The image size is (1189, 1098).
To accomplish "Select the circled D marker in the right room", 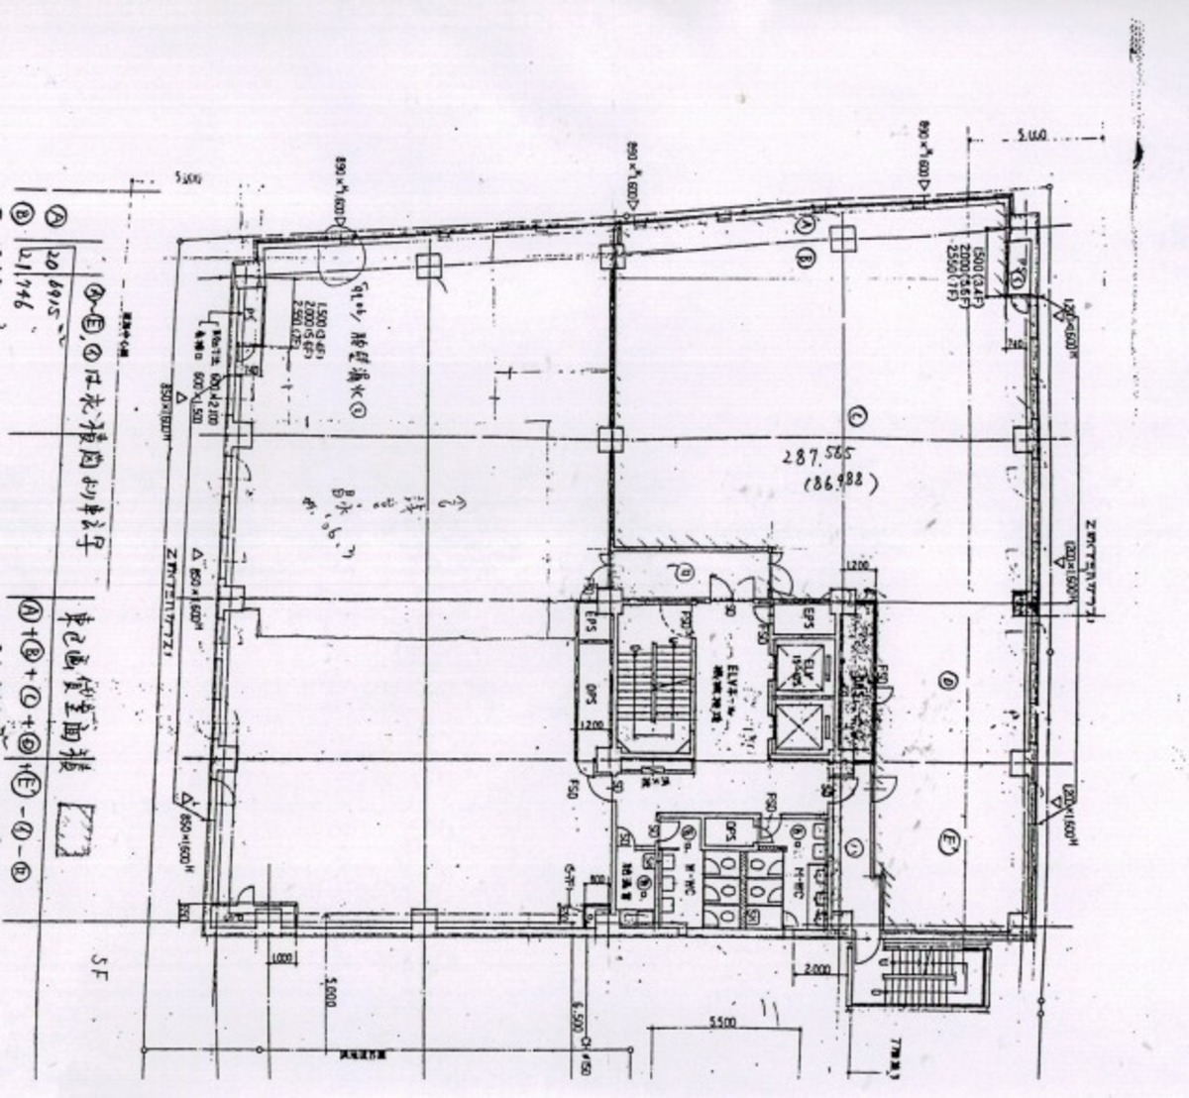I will (948, 682).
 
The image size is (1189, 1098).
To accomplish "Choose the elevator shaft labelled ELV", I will (800, 665).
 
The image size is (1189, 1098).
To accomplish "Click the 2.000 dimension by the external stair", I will (818, 966).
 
